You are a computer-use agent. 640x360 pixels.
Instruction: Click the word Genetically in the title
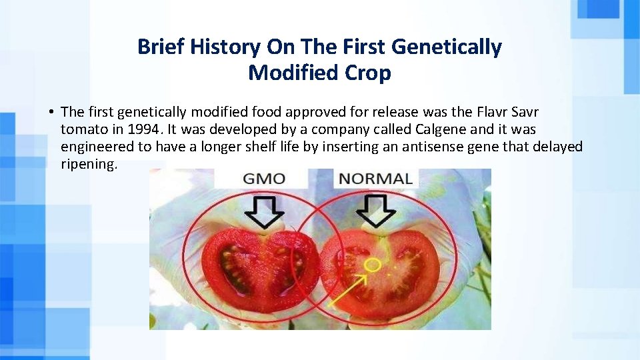447,47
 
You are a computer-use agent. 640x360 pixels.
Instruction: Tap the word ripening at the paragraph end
89,164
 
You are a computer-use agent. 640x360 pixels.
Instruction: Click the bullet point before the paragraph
51,112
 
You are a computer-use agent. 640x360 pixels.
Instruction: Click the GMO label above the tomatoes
263,179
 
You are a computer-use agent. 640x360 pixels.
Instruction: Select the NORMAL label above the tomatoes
376,179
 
